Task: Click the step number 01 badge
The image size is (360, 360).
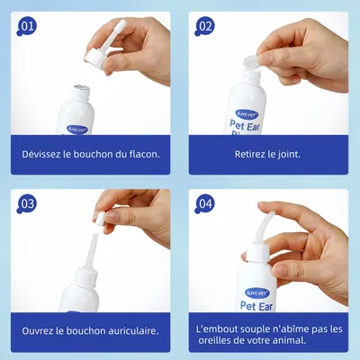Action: coord(26,26)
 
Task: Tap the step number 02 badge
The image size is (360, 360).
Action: coord(204,26)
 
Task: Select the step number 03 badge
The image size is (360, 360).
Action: coord(26,204)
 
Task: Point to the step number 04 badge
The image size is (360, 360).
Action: coord(204,204)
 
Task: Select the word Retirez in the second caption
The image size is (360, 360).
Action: coord(250,154)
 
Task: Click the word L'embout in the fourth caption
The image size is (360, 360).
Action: coord(214,329)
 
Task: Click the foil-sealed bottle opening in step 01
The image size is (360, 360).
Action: coord(82,87)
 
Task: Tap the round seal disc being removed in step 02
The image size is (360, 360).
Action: coord(252,62)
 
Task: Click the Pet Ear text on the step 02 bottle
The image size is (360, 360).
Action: coord(245,126)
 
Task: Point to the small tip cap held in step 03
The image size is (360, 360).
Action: coord(100,219)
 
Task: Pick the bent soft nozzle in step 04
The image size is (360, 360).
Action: coord(264,227)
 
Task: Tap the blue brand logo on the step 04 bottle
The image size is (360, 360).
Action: coord(257,293)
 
